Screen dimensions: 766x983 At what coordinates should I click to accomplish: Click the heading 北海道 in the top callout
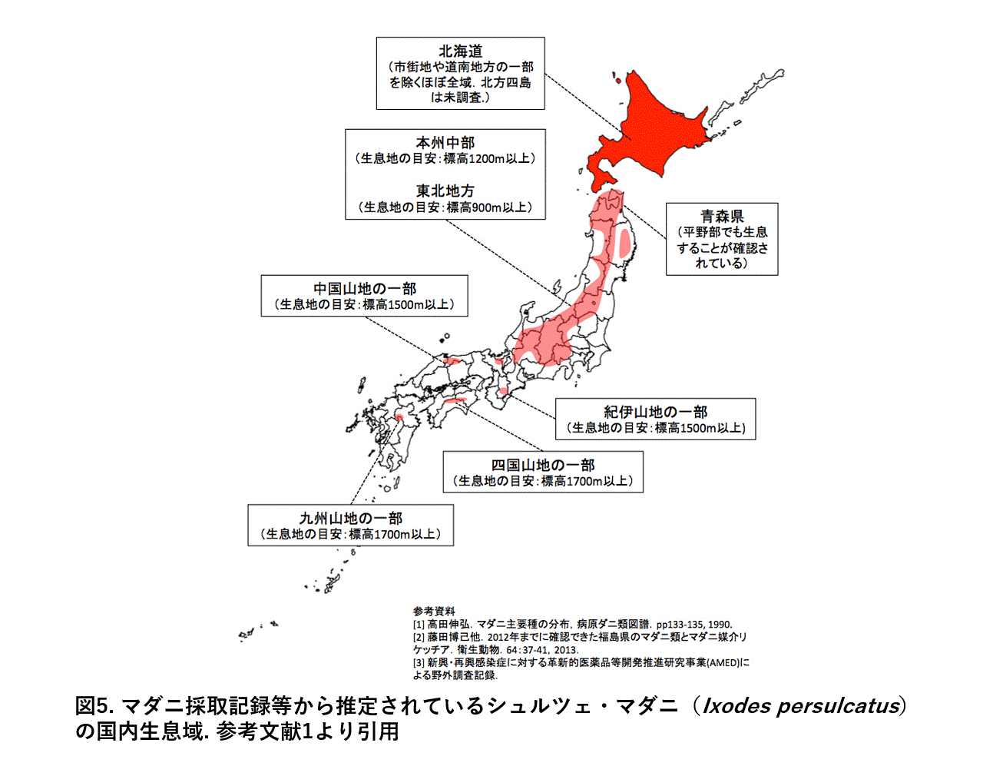(460, 51)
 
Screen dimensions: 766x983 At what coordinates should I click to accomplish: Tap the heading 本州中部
(445, 143)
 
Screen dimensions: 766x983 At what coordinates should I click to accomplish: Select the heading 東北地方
(445, 191)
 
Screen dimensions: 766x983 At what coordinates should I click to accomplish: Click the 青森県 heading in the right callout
(722, 217)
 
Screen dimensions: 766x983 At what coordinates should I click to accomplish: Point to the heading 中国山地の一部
(364, 289)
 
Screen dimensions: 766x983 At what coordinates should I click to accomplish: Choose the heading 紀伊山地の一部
(655, 412)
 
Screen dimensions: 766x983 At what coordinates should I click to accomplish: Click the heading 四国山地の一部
(543, 465)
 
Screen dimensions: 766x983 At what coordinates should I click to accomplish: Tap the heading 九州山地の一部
(350, 519)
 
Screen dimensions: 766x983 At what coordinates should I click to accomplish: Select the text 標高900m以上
(486, 207)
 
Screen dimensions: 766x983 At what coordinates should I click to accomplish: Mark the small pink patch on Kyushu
(399, 417)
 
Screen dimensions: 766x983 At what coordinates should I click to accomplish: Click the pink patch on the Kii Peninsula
(503, 392)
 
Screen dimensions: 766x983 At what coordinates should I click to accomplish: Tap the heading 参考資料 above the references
(434, 612)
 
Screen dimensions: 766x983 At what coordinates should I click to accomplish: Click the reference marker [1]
(419, 625)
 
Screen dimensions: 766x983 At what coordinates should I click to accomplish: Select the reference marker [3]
(419, 662)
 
